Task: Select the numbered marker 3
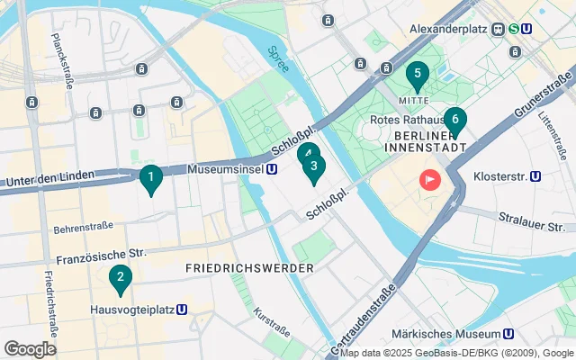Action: coord(313,166)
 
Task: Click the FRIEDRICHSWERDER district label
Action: coord(249,268)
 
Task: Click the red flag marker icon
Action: coord(430,179)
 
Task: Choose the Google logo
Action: coord(30,349)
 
